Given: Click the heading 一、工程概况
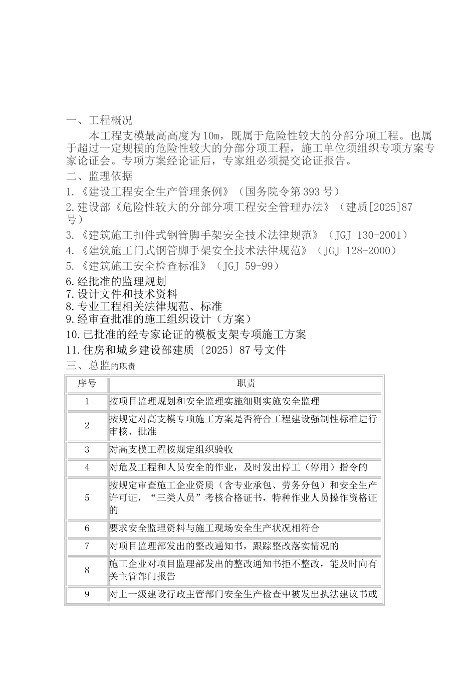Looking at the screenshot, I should tap(99, 120).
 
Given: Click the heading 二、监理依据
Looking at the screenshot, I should tap(99, 176).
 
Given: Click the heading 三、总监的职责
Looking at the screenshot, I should tap(101, 366).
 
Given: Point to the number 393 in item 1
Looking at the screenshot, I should tap(311, 192).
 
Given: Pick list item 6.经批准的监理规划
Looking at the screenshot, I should tap(116, 281).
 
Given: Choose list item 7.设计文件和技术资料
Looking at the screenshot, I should tap(122, 294).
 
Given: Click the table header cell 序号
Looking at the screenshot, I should tap(87, 384).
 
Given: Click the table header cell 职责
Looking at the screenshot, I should tap(246, 384).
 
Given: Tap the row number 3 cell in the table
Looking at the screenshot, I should tap(87, 450).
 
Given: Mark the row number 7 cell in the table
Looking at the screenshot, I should tap(87, 546).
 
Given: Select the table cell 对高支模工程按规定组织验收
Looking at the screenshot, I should tap(171, 450).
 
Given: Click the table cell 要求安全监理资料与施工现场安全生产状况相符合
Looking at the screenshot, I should tap(214, 528).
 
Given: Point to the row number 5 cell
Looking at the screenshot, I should tap(87, 498).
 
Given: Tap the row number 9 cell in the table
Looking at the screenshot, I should tap(87, 595).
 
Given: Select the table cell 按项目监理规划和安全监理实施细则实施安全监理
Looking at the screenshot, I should tap(214, 401).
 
